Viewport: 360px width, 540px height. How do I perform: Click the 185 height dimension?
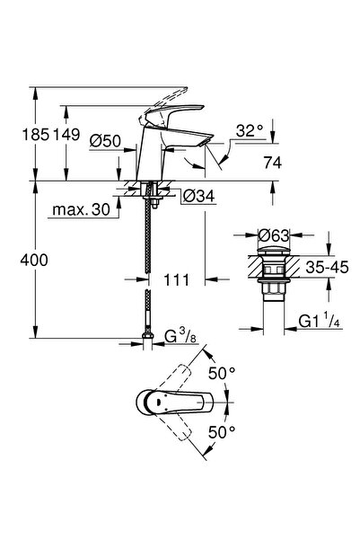(36, 134)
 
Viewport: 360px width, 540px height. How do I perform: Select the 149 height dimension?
(66, 134)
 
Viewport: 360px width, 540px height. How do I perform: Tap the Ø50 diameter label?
(105, 141)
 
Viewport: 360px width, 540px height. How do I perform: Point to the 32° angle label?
(250, 131)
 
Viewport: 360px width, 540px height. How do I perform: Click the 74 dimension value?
(273, 163)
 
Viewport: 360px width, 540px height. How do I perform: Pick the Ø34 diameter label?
(198, 196)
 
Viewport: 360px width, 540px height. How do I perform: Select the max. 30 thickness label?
(81, 209)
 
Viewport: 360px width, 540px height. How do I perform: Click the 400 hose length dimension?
(34, 260)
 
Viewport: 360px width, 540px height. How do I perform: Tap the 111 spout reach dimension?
(176, 280)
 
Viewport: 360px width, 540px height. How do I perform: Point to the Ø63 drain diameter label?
(274, 235)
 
